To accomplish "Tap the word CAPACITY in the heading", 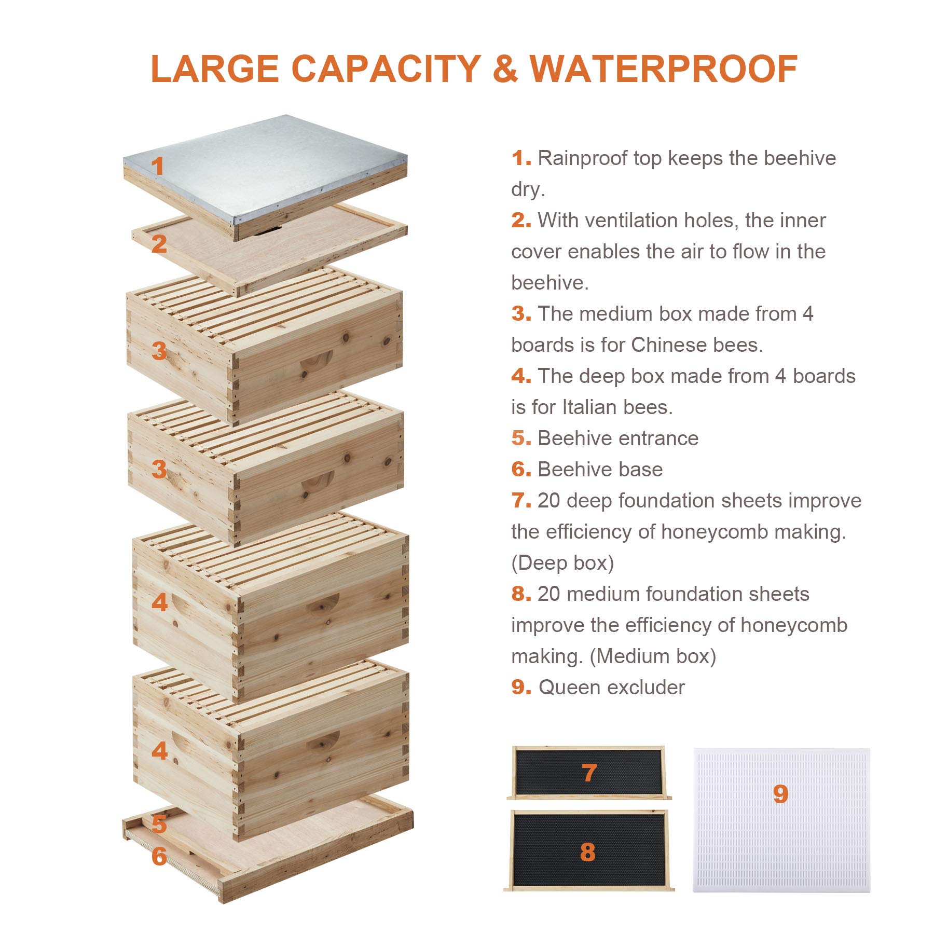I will tap(386, 68).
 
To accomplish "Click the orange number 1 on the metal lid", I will tap(157, 167).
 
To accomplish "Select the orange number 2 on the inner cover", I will tap(159, 244).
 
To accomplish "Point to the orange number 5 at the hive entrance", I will tap(159, 823).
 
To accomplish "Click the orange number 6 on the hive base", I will tap(159, 856).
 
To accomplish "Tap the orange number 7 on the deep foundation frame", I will tap(589, 773).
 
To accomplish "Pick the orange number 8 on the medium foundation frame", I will tap(587, 852).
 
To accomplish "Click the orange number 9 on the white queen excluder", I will tap(780, 794).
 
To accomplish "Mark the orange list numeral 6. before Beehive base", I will tap(520, 470).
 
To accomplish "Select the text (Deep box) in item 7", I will tap(562, 563).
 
